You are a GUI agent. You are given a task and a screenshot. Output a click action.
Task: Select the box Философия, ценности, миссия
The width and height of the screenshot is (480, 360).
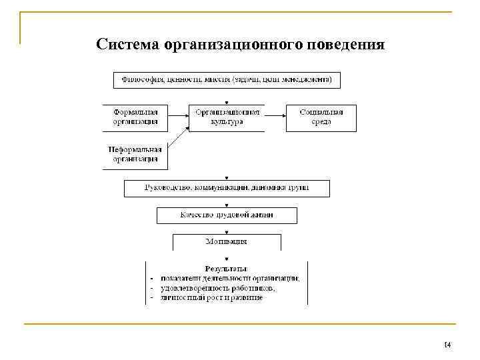(227, 80)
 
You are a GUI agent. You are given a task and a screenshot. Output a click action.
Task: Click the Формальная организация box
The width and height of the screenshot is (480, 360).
(136, 117)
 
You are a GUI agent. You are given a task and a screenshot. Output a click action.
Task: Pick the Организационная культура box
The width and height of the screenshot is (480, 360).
(227, 117)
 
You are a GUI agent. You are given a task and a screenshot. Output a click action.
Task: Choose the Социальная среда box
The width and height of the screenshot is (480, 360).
(321, 117)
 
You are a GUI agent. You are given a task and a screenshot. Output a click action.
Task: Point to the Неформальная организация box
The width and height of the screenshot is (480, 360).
(135, 155)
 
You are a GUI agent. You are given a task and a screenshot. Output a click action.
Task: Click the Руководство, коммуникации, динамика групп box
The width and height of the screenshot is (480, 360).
(227, 189)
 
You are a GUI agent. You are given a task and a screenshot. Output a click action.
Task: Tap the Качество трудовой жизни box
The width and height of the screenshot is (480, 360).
(227, 215)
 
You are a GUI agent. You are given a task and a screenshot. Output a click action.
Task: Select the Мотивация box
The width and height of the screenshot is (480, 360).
(227, 241)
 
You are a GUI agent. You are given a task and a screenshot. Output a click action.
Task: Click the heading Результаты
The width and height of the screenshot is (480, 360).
(227, 269)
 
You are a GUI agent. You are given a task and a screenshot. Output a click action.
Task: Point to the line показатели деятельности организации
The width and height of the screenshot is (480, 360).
(229, 279)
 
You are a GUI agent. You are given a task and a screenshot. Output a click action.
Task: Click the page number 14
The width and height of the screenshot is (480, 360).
(447, 345)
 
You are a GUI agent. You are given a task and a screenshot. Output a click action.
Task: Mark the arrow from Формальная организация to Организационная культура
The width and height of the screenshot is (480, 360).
(179, 113)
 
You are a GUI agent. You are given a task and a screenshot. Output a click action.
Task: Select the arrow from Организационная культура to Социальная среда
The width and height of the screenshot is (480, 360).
(275, 113)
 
